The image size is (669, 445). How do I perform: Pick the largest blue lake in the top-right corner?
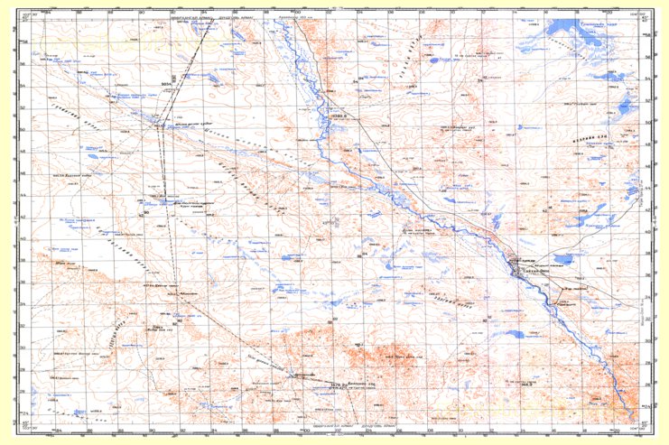click(x=578, y=40)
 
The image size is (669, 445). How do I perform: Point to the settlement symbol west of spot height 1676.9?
click(x=294, y=374)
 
